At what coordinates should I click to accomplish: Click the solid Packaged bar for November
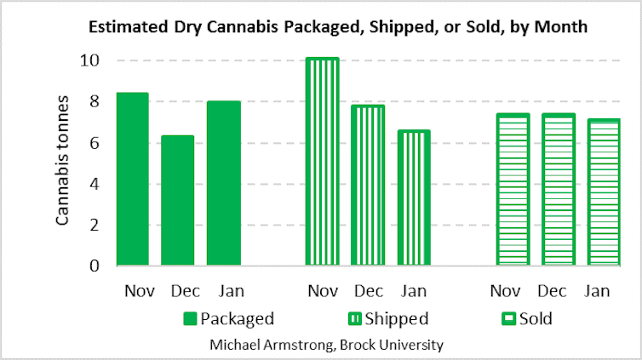click(132, 180)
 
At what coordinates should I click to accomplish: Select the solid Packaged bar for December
click(178, 201)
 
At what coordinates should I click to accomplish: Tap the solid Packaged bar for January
click(223, 184)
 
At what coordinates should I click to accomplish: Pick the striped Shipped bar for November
click(323, 162)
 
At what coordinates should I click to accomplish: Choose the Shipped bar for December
click(368, 186)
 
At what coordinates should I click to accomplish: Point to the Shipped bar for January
click(414, 198)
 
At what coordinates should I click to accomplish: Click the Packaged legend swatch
click(189, 319)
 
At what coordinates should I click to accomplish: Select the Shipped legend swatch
click(353, 319)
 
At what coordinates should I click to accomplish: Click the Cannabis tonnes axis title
click(62, 165)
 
